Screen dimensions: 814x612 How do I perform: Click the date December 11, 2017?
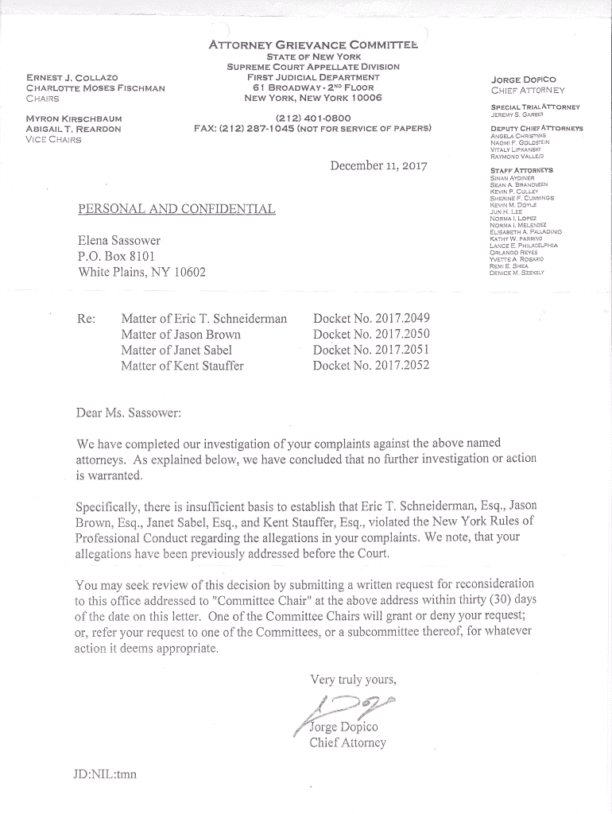378,166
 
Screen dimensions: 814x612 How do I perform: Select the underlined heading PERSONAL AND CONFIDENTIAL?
176,209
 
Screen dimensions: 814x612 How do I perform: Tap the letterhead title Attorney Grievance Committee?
312,46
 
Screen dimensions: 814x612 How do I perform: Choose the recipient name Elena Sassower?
119,240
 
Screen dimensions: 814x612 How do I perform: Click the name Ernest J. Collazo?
72,78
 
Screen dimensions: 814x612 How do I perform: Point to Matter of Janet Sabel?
176,350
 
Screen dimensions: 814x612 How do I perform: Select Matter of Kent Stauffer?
182,366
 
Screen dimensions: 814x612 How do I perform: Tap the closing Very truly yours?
353,679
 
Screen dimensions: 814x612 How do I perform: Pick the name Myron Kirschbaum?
74,118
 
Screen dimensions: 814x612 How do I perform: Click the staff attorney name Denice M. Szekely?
517,273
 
